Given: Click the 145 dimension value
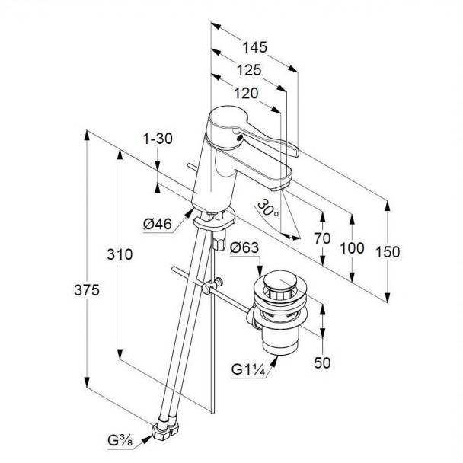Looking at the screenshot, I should (x=255, y=46).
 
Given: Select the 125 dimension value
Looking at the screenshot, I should (x=248, y=69).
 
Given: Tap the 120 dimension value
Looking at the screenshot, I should (x=244, y=93).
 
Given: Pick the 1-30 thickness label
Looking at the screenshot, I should (x=158, y=139).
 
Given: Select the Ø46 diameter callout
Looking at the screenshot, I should (x=158, y=223).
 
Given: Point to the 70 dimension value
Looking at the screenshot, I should (x=322, y=238).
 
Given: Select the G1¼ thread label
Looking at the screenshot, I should (x=248, y=371).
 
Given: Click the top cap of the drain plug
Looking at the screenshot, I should (x=280, y=287).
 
